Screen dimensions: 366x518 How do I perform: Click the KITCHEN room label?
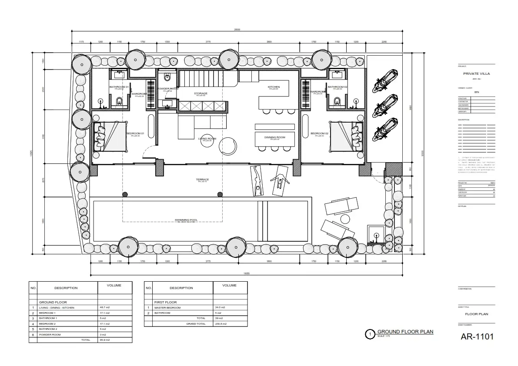274,87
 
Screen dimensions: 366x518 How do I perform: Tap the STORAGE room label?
201,93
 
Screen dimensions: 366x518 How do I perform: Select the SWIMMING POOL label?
186,220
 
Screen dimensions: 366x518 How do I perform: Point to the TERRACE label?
202,180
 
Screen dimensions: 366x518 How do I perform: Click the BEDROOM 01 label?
135,133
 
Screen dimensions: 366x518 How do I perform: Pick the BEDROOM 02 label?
318,133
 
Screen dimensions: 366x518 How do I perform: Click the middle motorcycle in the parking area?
385,104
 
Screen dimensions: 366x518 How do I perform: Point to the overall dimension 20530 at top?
237,30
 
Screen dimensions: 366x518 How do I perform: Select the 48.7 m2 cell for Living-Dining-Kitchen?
105,308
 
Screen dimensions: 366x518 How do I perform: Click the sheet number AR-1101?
477,337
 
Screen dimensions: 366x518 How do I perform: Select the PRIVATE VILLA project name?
477,74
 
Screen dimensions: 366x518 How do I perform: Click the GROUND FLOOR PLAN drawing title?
405,332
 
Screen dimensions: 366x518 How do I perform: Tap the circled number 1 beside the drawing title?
370,334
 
